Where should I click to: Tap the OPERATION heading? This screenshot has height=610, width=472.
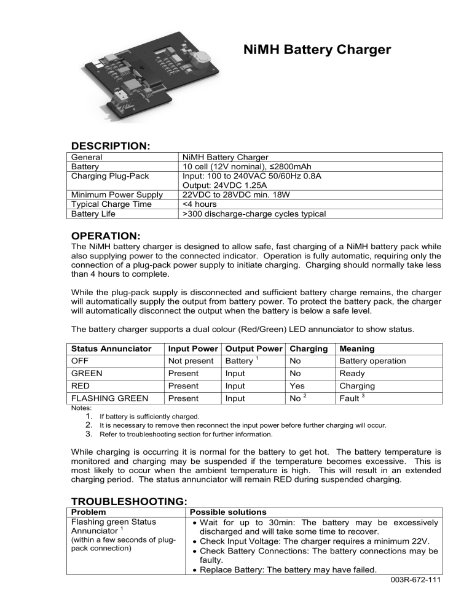106,236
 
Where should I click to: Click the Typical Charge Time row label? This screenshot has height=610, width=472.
111,204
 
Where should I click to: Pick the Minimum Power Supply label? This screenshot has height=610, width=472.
117,195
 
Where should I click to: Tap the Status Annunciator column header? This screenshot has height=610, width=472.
112,349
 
